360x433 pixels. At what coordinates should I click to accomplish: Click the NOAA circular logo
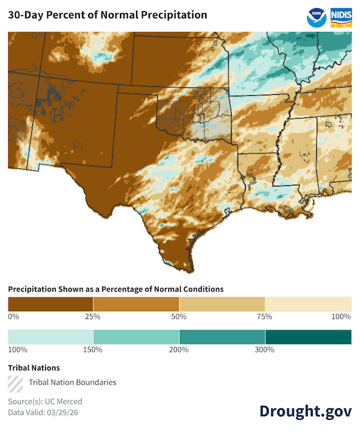pyautogui.click(x=316, y=17)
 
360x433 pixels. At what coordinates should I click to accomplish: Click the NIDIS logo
pyautogui.click(x=341, y=17)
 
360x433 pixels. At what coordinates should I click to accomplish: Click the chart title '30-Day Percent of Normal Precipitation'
pyautogui.click(x=108, y=15)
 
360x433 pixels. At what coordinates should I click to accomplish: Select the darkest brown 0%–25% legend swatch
pyautogui.click(x=50, y=303)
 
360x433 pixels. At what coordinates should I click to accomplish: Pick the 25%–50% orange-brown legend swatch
pyautogui.click(x=136, y=303)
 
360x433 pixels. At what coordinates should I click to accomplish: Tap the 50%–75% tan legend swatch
pyautogui.click(x=222, y=303)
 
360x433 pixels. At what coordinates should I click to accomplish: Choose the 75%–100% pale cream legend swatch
pyautogui.click(x=308, y=303)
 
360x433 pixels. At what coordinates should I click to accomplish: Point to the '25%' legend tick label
pyautogui.click(x=93, y=316)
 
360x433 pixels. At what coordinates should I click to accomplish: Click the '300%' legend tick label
pyautogui.click(x=265, y=350)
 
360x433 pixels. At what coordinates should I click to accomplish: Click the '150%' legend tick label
pyautogui.click(x=93, y=350)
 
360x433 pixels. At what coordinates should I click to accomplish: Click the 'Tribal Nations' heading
pyautogui.click(x=34, y=368)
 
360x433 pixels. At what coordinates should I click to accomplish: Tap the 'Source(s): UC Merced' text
pyautogui.click(x=45, y=401)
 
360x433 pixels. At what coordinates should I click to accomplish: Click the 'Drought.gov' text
pyautogui.click(x=305, y=411)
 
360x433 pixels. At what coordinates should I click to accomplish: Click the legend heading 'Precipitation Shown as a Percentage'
pyautogui.click(x=116, y=289)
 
